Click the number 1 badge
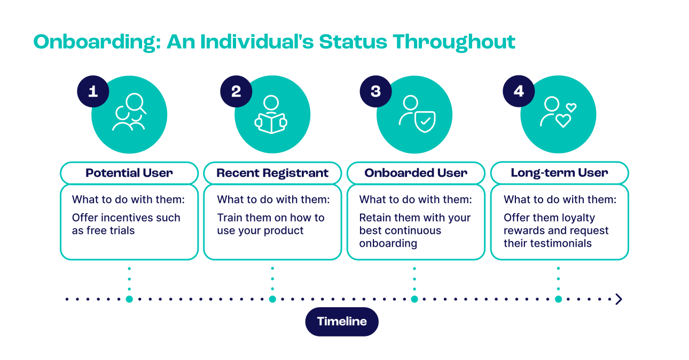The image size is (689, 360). click(93, 91)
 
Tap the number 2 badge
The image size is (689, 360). click(236, 91)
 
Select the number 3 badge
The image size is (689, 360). click(375, 91)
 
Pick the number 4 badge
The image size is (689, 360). click(519, 91)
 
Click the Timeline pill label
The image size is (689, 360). click(342, 322)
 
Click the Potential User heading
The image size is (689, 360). click(129, 173)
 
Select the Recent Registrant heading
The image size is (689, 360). click(272, 173)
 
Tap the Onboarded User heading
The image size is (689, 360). click(416, 173)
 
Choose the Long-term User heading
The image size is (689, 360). click(559, 173)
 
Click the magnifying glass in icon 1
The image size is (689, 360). click(136, 103)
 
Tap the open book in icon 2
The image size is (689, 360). click(271, 123)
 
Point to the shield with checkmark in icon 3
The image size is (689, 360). click(425, 121)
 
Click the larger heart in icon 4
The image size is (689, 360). click(563, 121)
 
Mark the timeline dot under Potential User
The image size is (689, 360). click(129, 299)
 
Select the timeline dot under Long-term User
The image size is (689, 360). click(558, 299)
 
